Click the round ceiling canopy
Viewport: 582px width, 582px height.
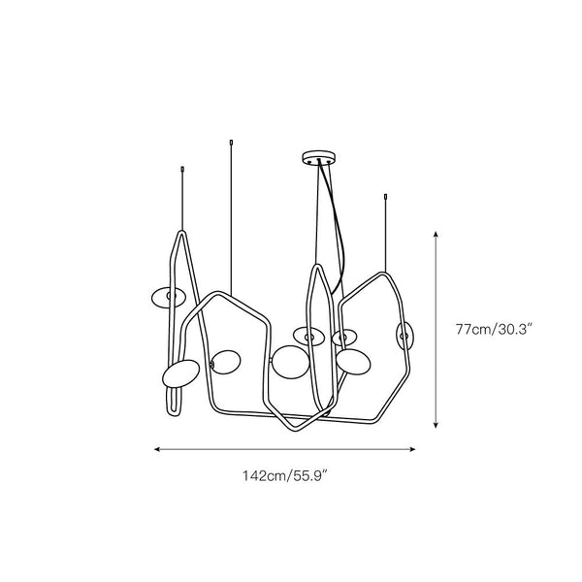click(x=319, y=157)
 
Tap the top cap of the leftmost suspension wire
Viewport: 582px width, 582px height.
click(x=182, y=170)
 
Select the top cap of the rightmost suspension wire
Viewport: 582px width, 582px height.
click(x=386, y=197)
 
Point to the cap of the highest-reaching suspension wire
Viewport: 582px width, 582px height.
click(x=231, y=143)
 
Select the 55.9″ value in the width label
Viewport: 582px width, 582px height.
click(x=309, y=475)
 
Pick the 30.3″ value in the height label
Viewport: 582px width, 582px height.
click(x=514, y=329)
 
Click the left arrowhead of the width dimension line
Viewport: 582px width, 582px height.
click(x=157, y=449)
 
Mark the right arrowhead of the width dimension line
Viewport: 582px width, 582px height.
click(x=412, y=449)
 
